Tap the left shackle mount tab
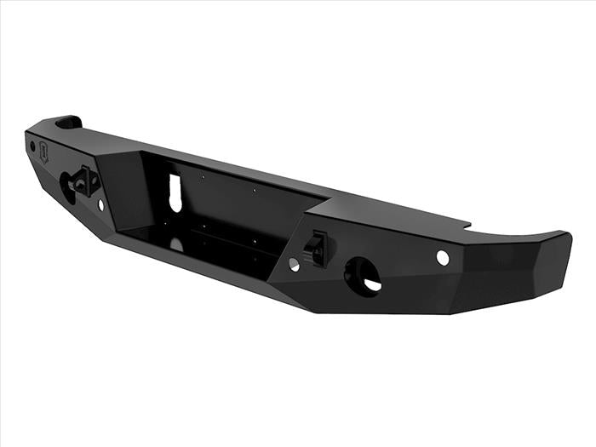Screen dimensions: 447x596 [x=86, y=180]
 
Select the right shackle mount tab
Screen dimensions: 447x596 [x=315, y=249]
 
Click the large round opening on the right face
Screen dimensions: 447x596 [x=363, y=277]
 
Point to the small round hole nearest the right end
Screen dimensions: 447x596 [x=442, y=257]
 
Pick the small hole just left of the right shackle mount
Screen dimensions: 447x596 [x=294, y=264]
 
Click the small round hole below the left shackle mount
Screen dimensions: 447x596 [x=100, y=204]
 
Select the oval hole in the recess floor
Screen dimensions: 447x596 [x=176, y=244]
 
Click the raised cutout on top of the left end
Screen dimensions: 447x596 [x=69, y=123]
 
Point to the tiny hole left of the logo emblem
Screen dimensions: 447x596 [x=32, y=146]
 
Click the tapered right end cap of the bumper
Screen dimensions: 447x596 [x=536, y=264]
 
